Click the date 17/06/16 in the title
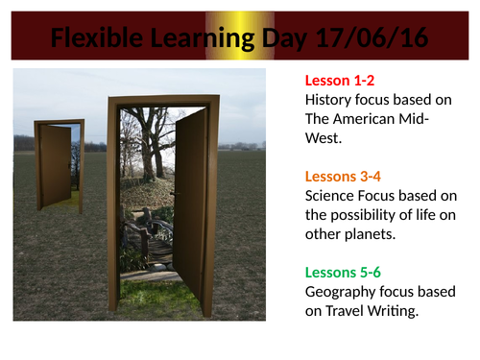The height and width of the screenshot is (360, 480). tap(370, 39)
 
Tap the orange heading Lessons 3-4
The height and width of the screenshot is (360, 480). tap(342, 177)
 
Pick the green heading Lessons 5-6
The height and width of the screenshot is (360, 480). tap(342, 273)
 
